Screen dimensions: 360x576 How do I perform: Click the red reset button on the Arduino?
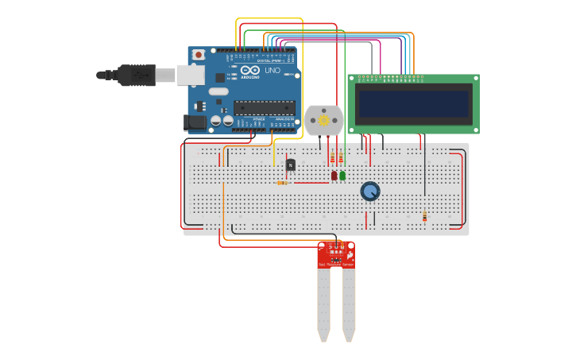tap(198, 55)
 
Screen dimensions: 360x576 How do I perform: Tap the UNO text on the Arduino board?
tap(272, 71)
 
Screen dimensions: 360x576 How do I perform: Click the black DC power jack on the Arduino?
tap(195, 122)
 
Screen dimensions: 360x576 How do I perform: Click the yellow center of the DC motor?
tap(323, 120)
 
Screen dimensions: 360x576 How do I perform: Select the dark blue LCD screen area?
tap(413, 103)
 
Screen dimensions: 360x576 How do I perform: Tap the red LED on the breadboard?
tap(334, 176)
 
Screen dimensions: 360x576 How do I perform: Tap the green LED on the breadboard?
tap(342, 176)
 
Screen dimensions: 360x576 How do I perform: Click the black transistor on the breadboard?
tap(290, 165)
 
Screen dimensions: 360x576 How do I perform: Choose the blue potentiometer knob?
tap(370, 192)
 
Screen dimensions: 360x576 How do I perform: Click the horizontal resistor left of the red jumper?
tap(282, 183)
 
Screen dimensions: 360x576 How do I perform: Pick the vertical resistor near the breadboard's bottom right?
tap(424, 216)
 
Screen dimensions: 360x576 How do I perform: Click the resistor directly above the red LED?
tap(333, 158)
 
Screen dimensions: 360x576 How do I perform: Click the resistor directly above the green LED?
tap(342, 158)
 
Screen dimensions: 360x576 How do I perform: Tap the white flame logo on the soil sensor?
tap(350, 251)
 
